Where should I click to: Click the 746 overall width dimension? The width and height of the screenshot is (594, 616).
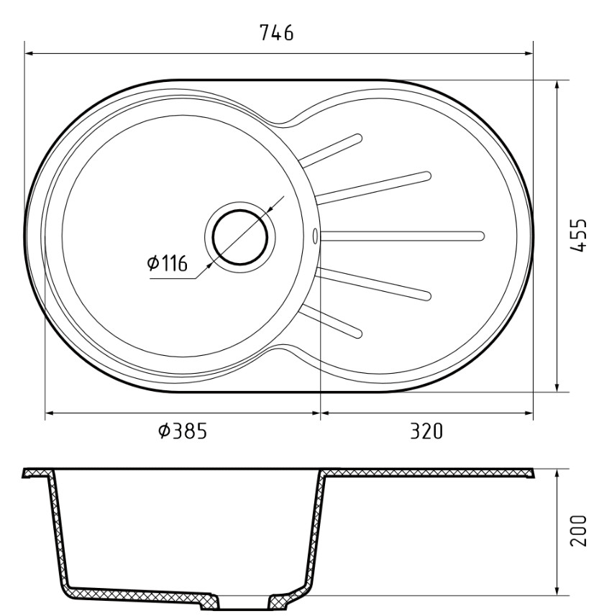coord(277,33)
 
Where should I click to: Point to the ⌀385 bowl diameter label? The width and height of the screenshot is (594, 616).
coord(183,431)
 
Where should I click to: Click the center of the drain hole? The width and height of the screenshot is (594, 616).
coord(239,235)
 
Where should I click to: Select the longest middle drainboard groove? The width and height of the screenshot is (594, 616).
coord(403,234)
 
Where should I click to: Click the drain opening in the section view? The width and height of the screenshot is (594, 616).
coord(242,602)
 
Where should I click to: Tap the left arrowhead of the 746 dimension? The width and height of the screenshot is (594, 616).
coord(29,52)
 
